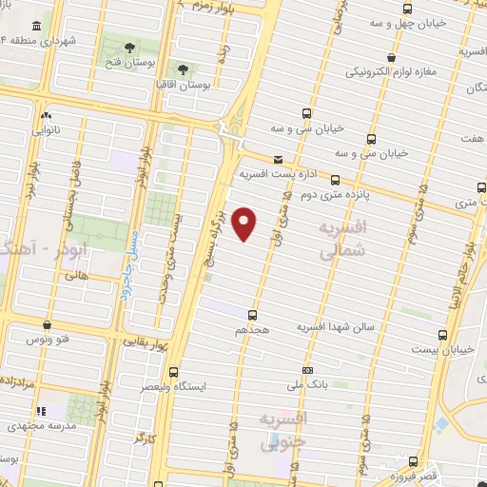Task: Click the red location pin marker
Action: [x=245, y=224]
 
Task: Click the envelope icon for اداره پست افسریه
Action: [x=278, y=160]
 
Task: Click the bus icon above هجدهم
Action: [x=252, y=314]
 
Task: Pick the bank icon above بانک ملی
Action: [x=306, y=370]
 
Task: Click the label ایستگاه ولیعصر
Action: [x=172, y=386]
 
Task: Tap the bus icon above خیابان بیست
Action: [x=442, y=335]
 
